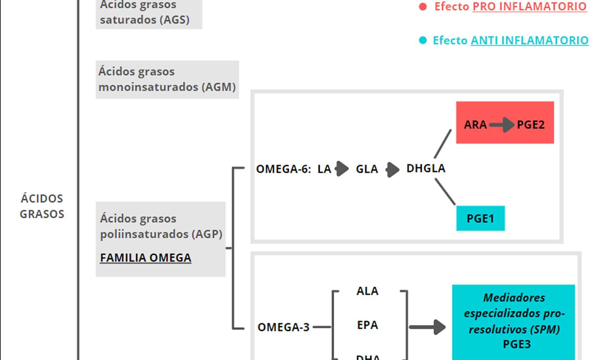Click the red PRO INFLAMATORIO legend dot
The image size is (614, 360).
(x=423, y=7)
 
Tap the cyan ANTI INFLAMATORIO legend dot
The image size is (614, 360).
(x=423, y=40)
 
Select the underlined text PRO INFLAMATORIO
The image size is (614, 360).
(x=529, y=7)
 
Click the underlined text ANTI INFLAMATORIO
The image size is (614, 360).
(x=529, y=40)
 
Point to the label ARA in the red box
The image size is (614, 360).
(x=475, y=125)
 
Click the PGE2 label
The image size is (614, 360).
(x=531, y=125)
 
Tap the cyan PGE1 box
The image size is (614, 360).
(x=480, y=218)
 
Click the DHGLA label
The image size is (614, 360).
(x=426, y=168)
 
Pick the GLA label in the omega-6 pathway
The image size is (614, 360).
(x=367, y=169)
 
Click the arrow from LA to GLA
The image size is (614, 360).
(x=342, y=169)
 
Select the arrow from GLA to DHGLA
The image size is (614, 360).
(x=392, y=170)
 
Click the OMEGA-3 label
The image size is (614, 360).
(x=284, y=327)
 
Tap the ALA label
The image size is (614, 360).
(x=367, y=291)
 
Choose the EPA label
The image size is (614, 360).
(x=367, y=325)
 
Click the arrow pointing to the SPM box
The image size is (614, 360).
(x=427, y=327)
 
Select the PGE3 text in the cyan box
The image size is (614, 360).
(x=517, y=344)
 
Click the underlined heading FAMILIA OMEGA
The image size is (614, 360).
(x=146, y=258)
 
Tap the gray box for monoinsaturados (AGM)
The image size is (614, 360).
(x=167, y=80)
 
